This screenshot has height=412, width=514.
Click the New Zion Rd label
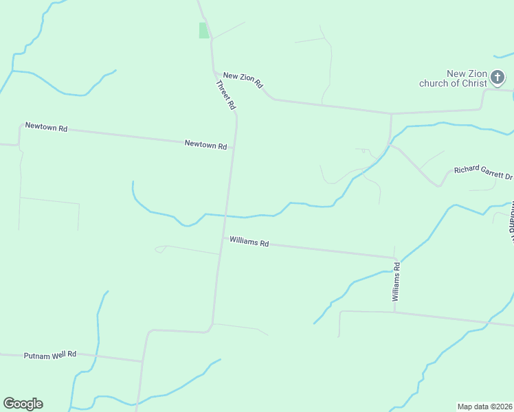243,80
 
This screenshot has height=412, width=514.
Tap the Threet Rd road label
225,95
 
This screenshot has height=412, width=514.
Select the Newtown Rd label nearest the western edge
46,127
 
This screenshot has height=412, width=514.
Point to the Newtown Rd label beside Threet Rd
205,145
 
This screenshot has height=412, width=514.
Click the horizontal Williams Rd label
249,242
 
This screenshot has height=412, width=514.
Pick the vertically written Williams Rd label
396,281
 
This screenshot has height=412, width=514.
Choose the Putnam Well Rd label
49,356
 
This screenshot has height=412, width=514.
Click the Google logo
23,404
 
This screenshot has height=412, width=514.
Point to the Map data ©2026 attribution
485,407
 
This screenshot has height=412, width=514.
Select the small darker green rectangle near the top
203,30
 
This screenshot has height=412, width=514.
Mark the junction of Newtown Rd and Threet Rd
234,147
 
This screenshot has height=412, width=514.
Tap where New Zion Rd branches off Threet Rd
213,71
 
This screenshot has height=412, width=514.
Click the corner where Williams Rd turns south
394,258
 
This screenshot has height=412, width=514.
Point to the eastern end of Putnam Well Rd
142,361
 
